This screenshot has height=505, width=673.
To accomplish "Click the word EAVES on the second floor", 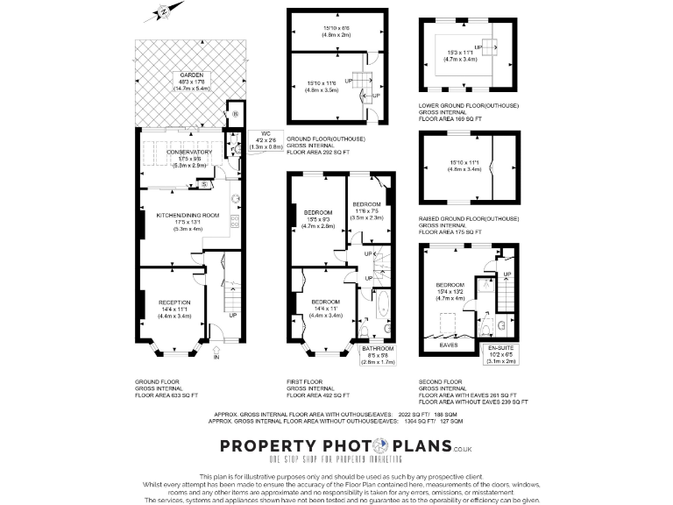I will (x=448, y=345).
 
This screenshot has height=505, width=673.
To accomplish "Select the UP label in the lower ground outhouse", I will (x=478, y=46).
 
